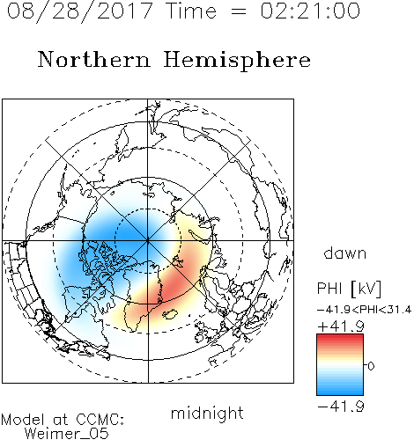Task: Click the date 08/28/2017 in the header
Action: coord(80,11)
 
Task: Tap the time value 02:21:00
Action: coord(310,11)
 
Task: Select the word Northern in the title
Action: coord(94,60)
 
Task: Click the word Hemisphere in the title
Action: coord(237,61)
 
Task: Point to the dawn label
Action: coord(345,253)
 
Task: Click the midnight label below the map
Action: coord(207,413)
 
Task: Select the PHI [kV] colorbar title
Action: coord(349,289)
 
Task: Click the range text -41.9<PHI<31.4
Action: coord(364,310)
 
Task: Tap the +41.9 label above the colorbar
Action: coord(341,326)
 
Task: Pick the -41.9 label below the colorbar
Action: coord(341,407)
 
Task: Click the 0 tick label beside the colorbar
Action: coord(371,366)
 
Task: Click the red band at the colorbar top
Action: coord(340,338)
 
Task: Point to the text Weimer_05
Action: coord(67,434)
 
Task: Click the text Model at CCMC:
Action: coord(63,420)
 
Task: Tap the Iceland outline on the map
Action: coord(170,314)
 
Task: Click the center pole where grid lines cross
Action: coord(148,240)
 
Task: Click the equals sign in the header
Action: coord(238,11)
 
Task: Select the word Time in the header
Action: coord(191,11)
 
